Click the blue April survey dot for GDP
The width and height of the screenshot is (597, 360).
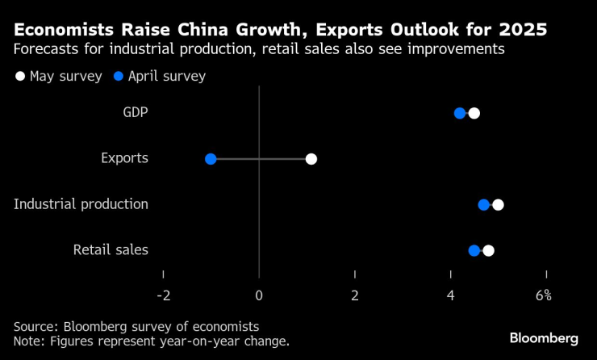(460, 113)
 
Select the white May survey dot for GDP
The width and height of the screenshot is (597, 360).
(474, 113)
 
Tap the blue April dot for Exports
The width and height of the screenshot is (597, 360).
(211, 159)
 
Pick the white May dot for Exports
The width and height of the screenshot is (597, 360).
(311, 159)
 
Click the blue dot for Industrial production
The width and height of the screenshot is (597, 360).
(484, 204)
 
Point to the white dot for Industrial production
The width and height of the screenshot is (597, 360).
(498, 204)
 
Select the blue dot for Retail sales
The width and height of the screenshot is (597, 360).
(474, 250)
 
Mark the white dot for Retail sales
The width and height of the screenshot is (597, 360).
(488, 250)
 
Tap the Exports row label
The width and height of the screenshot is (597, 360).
(124, 158)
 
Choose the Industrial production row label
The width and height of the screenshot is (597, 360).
(81, 204)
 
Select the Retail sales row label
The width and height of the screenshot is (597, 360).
(111, 250)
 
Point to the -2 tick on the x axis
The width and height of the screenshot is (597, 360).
(163, 295)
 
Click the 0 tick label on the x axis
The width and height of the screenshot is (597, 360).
(259, 295)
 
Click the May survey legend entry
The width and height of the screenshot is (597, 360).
(57, 77)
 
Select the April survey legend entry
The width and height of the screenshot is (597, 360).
(160, 77)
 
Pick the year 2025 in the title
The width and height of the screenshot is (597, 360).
(521, 31)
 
